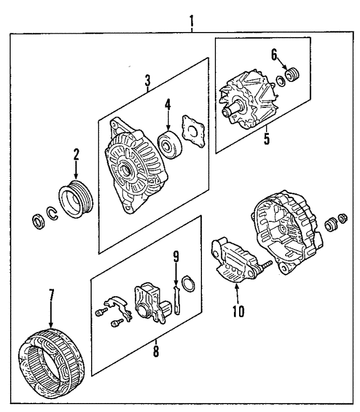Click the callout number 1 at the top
192,22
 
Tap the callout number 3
147,79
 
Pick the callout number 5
267,137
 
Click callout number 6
274,55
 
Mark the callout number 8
156,352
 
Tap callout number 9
175,257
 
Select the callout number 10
238,310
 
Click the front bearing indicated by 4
168,143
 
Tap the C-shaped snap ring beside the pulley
52,214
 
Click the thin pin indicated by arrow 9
175,297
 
